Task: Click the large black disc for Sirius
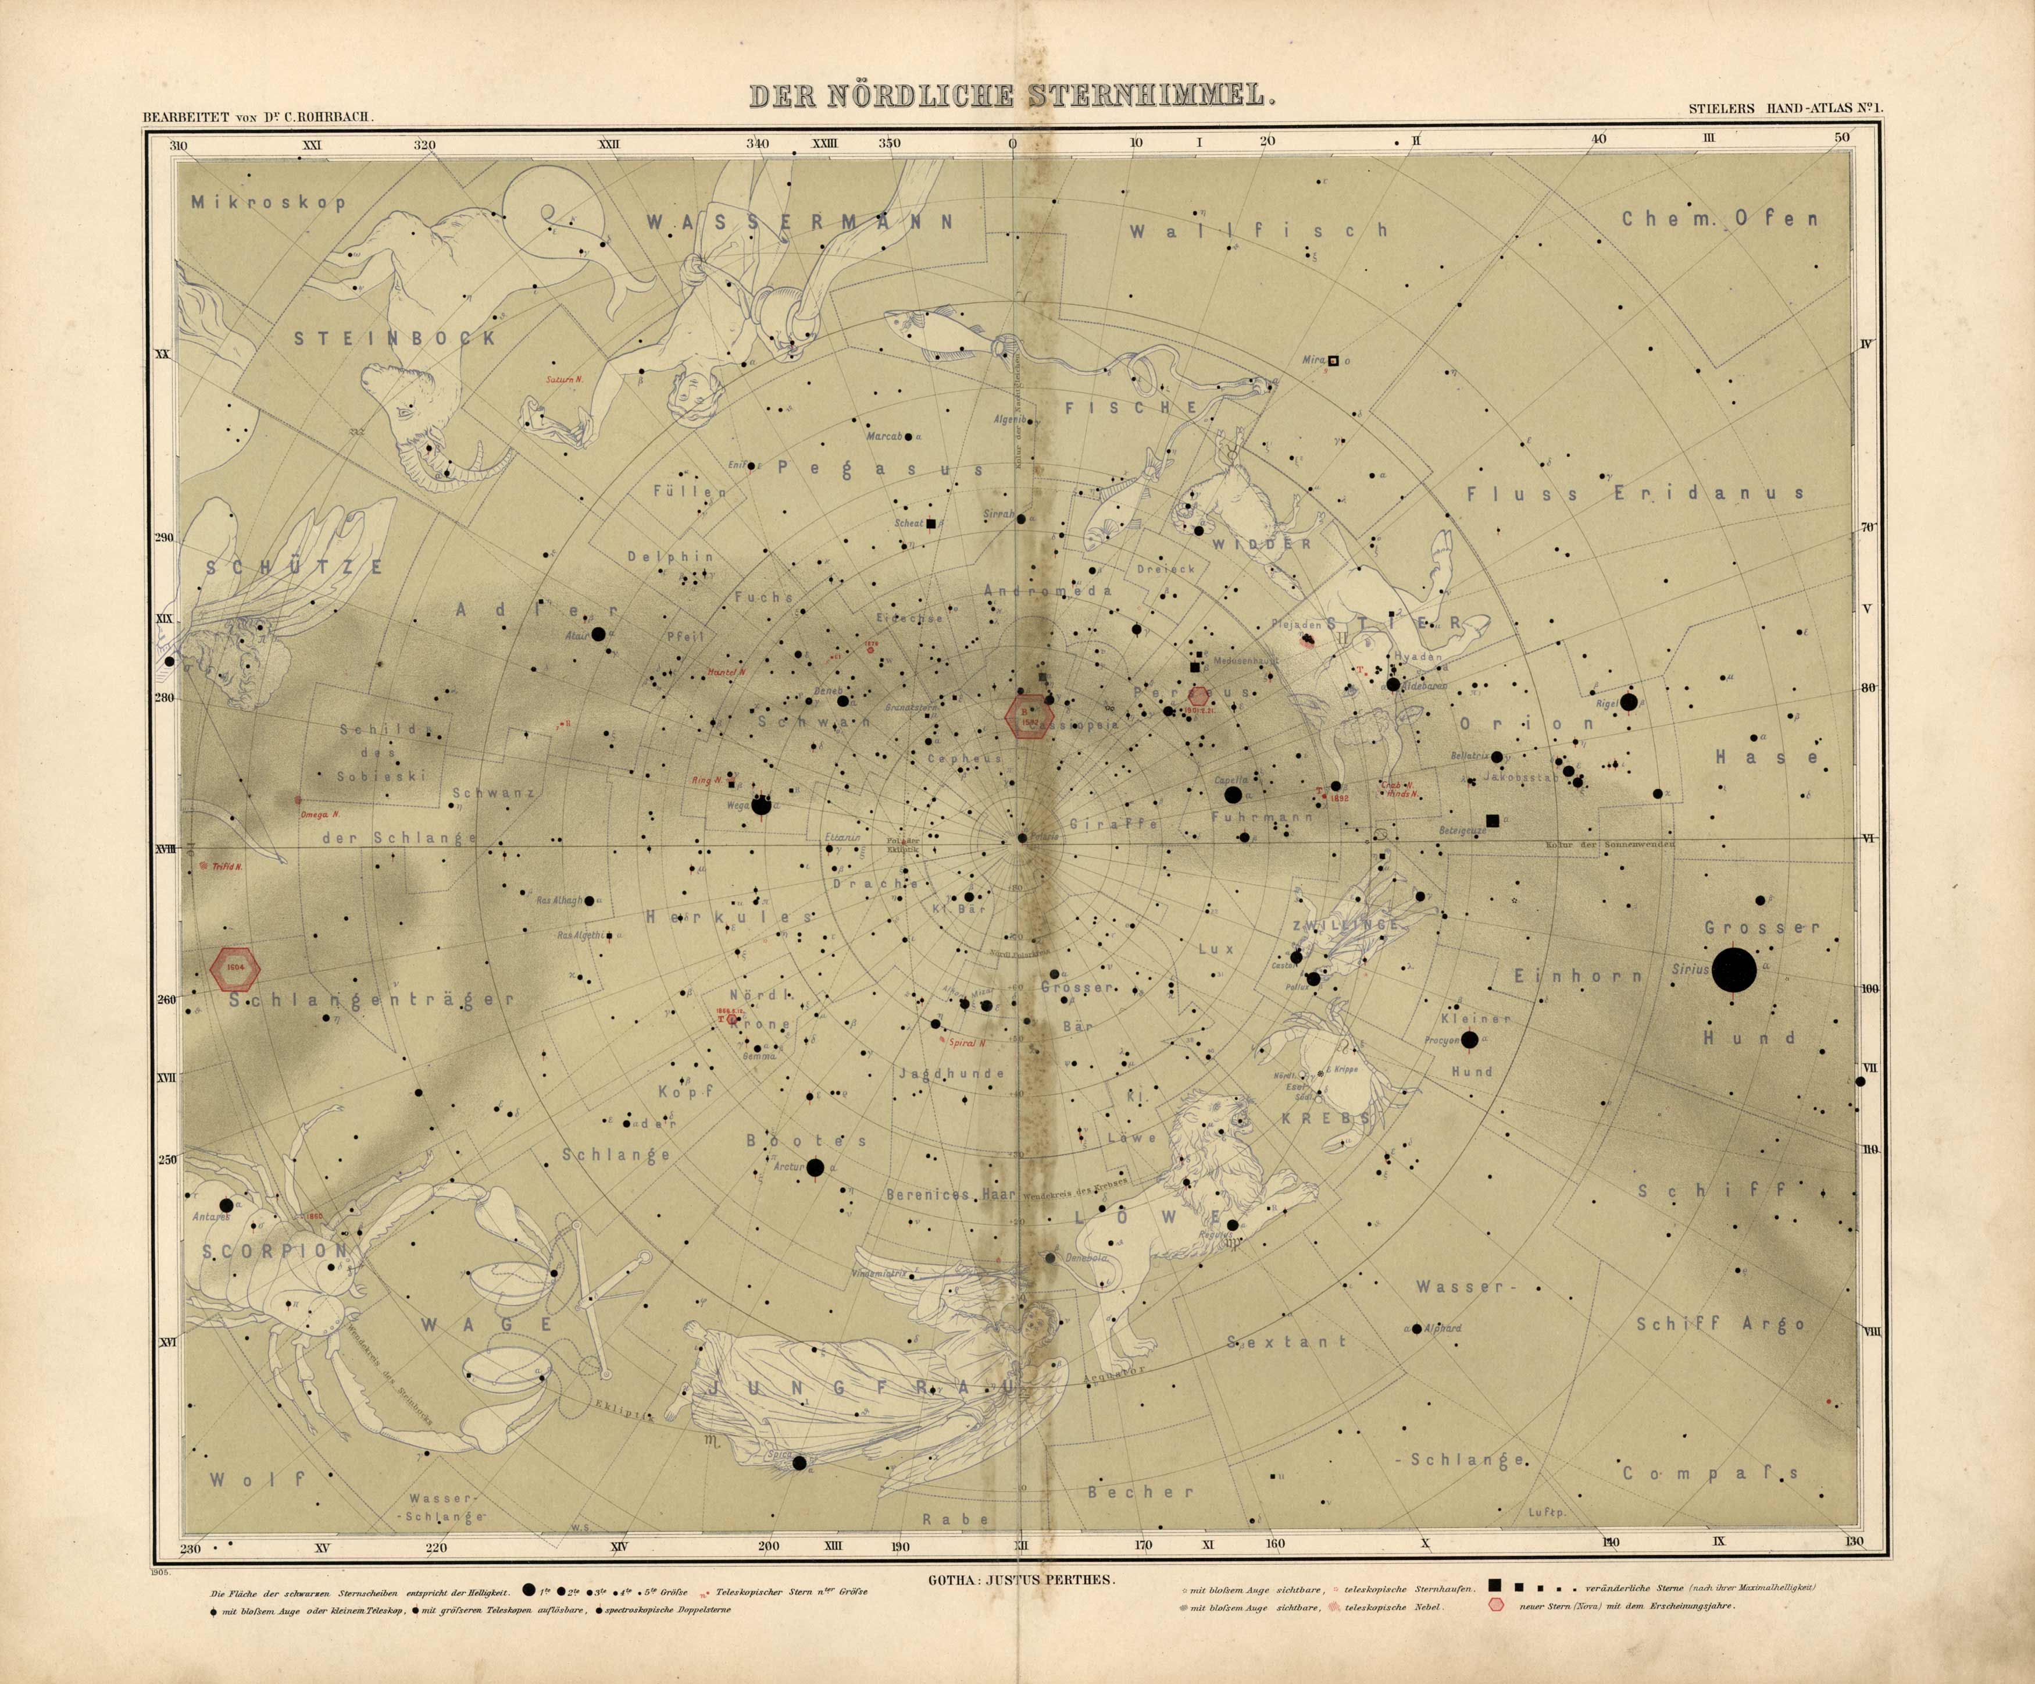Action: coord(1734,970)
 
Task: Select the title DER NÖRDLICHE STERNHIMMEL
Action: coord(1008,95)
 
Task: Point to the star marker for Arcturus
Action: coord(815,1168)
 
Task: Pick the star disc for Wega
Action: coord(762,804)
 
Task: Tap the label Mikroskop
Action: coord(269,202)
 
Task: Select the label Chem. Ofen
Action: coord(1720,219)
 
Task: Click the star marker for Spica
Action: coord(799,1490)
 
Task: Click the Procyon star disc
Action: coord(1470,1040)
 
